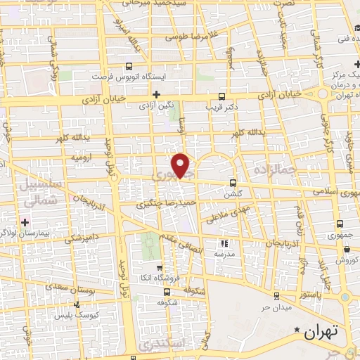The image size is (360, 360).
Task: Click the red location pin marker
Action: (181, 165)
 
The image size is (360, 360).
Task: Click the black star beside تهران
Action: (297, 329)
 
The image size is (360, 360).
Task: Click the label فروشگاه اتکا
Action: (160, 278)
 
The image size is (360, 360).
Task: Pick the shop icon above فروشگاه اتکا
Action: (160, 267)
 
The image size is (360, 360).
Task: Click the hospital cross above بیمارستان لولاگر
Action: (25, 222)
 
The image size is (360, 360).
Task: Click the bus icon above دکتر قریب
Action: (222, 96)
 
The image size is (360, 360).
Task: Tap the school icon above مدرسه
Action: (225, 243)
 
